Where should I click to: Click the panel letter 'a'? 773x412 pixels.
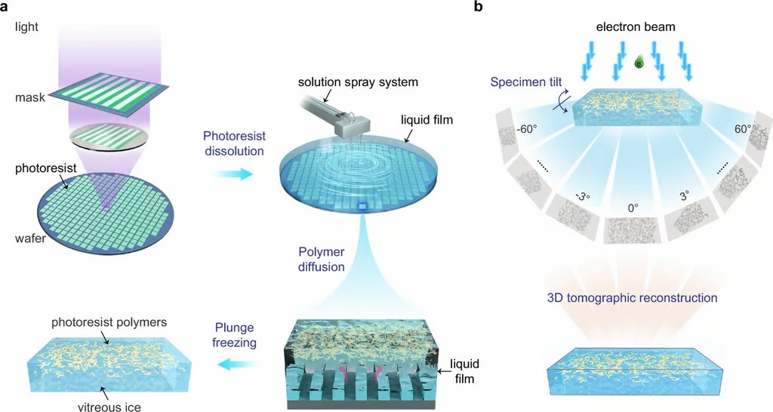point(7,8)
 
